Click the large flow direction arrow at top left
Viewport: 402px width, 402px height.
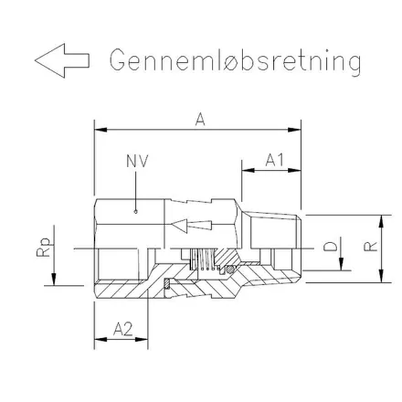pyautogui.click(x=61, y=61)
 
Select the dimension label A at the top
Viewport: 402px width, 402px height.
pyautogui.click(x=199, y=120)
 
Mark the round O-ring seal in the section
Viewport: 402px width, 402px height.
pyautogui.click(x=229, y=268)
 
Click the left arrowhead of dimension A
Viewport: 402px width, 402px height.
pyautogui.click(x=99, y=129)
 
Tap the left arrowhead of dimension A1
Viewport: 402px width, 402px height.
pyautogui.click(x=246, y=169)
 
